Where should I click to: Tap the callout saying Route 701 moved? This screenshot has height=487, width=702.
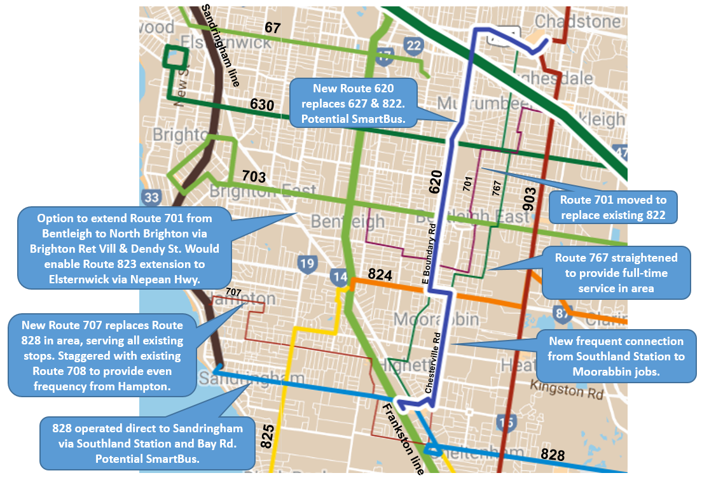[x=612, y=207]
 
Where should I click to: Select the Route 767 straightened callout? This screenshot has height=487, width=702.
[x=616, y=273]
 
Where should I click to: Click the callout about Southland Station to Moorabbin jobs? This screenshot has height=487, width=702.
[x=616, y=356]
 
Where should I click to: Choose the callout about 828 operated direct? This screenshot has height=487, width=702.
[x=147, y=442]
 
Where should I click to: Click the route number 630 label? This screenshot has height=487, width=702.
[x=261, y=104]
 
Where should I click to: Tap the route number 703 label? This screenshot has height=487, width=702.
[x=253, y=176]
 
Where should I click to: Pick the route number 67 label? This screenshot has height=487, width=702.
[x=272, y=27]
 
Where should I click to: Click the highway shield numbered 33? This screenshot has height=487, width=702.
[x=151, y=197]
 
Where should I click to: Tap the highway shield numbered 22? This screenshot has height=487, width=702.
[x=413, y=45]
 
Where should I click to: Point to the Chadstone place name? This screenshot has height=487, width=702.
[x=577, y=22]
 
